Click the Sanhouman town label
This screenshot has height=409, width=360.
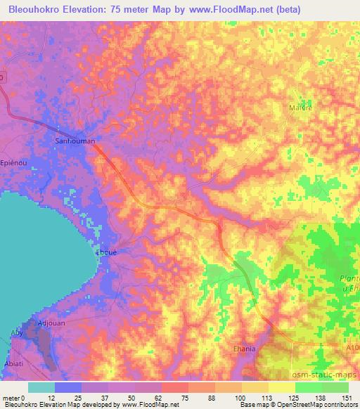pyautogui.click(x=75, y=141)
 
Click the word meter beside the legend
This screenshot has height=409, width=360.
pyautogui.click(x=12, y=397)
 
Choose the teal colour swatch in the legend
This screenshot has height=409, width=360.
pyautogui.click(x=41, y=387)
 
